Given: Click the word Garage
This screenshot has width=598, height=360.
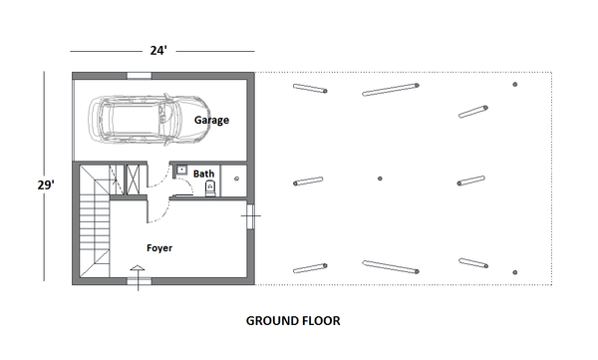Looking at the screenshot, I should (211, 120).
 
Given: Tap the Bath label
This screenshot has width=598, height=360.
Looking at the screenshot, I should (203, 174).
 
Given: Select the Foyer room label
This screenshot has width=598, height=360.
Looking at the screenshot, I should (160, 247).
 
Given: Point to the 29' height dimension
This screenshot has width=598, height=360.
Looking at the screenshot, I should (46, 183).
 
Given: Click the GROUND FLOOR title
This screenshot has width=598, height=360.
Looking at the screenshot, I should (293, 322).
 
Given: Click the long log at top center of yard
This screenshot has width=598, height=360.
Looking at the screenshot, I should (388, 91).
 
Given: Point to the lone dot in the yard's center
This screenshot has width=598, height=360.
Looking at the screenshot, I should (381, 180).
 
